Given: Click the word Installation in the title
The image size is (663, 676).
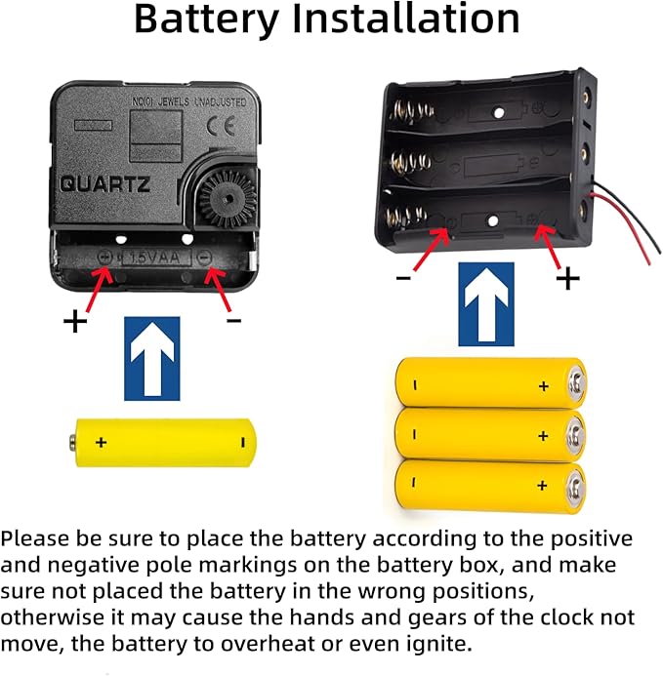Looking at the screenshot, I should pos(410,20).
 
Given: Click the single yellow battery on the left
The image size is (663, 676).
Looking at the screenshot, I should pos(167,442).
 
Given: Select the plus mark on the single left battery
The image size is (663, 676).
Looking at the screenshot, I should pos(101,443).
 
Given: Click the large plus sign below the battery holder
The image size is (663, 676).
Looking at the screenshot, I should pos(566,279).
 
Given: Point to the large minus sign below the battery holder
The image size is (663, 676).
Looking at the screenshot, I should pos(402,277).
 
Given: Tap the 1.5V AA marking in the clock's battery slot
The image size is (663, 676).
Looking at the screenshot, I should pos(156,256).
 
